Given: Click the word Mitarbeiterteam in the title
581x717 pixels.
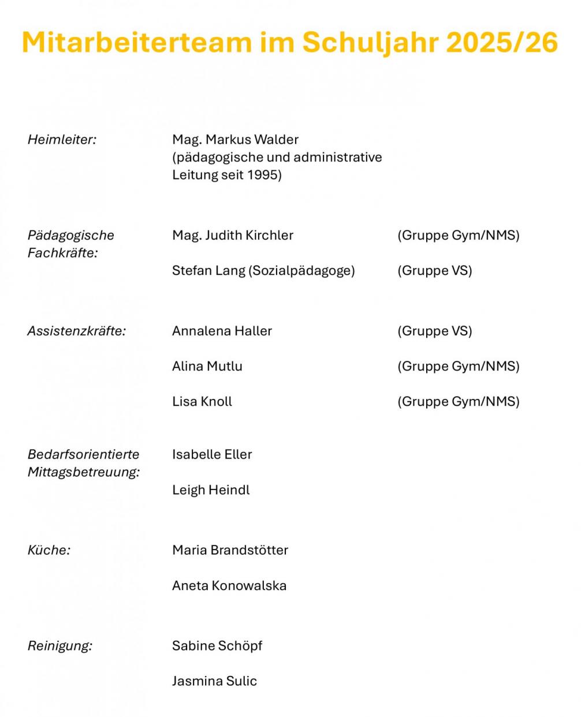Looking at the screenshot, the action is pos(137,42).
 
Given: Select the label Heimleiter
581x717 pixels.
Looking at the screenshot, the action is pos(62,140).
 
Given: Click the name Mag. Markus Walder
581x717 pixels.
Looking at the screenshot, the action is pos(235,140).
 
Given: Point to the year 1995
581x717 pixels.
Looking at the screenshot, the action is pos(262,175).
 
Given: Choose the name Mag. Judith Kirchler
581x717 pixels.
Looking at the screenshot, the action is pos(233,236).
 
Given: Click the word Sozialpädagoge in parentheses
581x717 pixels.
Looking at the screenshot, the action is pos(301,271).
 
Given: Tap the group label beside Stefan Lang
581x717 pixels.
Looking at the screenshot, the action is pos(434,271).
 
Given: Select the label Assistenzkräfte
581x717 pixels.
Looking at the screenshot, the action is pos(77,331).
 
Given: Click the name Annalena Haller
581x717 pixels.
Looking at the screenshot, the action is pos(222,331).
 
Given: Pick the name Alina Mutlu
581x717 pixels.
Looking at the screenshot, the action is pos(207,367).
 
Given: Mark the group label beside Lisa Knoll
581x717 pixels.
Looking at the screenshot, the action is pos(458,402).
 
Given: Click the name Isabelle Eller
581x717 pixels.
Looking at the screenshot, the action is pos(212,455).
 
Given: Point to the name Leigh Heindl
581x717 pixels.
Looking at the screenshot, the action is pos(211,490).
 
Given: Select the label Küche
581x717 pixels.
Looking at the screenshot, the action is pos(49,551).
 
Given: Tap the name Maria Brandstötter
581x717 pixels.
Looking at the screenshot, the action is pos(230,551).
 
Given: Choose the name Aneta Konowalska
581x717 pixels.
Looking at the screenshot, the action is pos(229,586).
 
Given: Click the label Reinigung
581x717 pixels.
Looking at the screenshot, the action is pos(60,646).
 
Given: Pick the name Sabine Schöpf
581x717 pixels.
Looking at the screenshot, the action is pos(217,646).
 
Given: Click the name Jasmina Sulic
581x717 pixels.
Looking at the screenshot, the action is pos(214,681).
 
